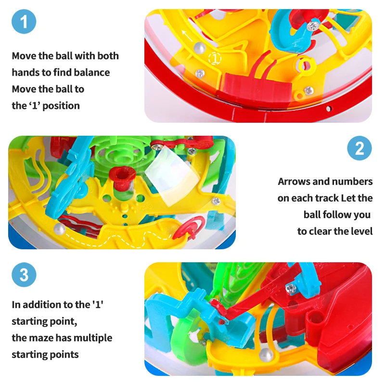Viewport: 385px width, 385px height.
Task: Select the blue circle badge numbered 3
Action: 24,275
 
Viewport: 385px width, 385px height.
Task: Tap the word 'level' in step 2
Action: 361,231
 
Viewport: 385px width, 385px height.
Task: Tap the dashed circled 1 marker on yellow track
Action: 215,58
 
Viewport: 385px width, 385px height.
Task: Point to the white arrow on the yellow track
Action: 186,35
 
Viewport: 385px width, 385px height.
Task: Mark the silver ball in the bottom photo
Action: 264,355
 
